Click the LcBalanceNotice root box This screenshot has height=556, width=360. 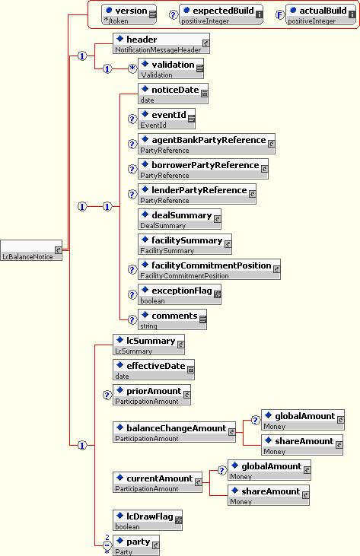click(31, 250)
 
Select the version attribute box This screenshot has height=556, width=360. click(129, 14)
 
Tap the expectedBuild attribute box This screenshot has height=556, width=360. click(221, 14)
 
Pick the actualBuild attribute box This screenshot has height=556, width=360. click(320, 14)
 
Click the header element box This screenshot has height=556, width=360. click(161, 43)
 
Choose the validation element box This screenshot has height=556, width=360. click(171, 68)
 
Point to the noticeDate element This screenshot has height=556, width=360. click(173, 94)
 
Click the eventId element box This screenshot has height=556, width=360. click(167, 119)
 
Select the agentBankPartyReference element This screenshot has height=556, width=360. click(206, 144)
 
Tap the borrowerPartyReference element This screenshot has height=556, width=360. click(203, 169)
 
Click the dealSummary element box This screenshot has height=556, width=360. click(180, 219)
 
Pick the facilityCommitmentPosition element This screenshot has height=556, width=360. click(209, 269)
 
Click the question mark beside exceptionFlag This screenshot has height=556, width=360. click(132, 294)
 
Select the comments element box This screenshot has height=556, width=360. click(172, 319)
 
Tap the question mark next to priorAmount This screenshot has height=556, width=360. click(107, 395)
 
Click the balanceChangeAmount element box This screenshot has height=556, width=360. click(174, 432)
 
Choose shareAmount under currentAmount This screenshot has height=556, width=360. click(269, 495)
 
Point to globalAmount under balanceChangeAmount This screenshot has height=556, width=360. click(303, 420)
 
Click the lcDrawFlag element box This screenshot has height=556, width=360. click(148, 520)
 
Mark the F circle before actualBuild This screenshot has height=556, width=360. click(280, 15)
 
